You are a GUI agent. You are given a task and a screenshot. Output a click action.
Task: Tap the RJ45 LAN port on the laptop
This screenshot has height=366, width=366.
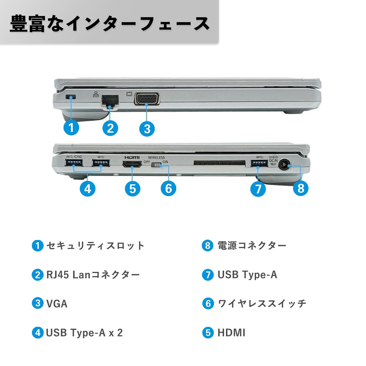click(x=110, y=100)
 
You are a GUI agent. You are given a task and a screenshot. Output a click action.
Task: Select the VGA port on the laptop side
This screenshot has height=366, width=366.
click(x=147, y=99)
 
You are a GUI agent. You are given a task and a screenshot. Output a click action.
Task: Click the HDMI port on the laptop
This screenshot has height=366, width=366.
click(x=132, y=164)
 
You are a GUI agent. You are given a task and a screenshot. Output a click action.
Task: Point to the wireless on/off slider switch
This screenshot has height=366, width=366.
click(x=157, y=165)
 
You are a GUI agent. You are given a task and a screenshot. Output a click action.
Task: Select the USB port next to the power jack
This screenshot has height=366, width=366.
click(x=259, y=163)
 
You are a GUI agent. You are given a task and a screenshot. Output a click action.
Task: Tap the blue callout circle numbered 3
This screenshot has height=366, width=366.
click(x=147, y=129)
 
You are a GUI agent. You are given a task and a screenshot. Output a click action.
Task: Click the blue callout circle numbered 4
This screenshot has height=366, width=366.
click(x=88, y=188)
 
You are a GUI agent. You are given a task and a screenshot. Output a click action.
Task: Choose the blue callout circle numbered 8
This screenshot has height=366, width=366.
click(x=301, y=188)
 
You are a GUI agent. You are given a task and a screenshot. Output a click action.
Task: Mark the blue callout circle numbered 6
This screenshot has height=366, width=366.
click(x=168, y=188)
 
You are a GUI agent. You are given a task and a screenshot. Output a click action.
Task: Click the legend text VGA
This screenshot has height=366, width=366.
click(x=57, y=304)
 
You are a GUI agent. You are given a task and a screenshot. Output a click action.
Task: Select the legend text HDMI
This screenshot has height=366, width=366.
click(x=231, y=333)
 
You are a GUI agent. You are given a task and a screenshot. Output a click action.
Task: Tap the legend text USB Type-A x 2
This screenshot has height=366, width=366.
click(x=84, y=333)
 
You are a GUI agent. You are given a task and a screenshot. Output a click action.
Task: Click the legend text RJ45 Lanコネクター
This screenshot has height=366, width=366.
click(x=93, y=275)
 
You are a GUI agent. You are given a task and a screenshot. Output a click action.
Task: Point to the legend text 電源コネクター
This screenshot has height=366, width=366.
click(x=252, y=246)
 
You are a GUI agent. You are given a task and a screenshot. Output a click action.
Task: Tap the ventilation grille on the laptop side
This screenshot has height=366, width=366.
click(x=219, y=163)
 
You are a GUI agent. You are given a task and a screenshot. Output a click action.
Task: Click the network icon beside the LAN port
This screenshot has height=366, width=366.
click(x=96, y=94)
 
